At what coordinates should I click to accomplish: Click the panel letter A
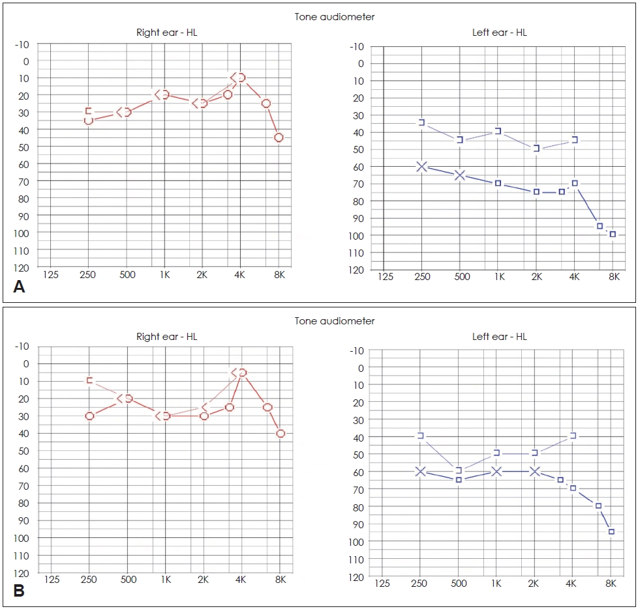19,287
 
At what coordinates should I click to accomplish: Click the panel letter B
19,591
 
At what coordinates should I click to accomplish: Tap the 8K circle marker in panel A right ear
279,137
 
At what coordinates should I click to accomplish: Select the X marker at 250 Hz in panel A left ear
421,167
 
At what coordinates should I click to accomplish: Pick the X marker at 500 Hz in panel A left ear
460,175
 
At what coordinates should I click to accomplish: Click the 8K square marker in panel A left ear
613,234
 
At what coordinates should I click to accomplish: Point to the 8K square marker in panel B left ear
611,531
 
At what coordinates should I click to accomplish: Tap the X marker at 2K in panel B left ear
535,471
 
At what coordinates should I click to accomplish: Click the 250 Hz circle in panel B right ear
89,416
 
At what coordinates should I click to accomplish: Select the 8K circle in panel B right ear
281,433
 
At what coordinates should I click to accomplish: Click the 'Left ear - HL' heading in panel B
499,337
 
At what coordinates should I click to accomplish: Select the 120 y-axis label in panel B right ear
22,573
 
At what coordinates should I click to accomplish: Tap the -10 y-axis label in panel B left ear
356,350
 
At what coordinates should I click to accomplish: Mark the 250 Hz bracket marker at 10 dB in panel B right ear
90,380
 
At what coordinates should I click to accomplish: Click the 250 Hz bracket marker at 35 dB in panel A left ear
422,122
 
